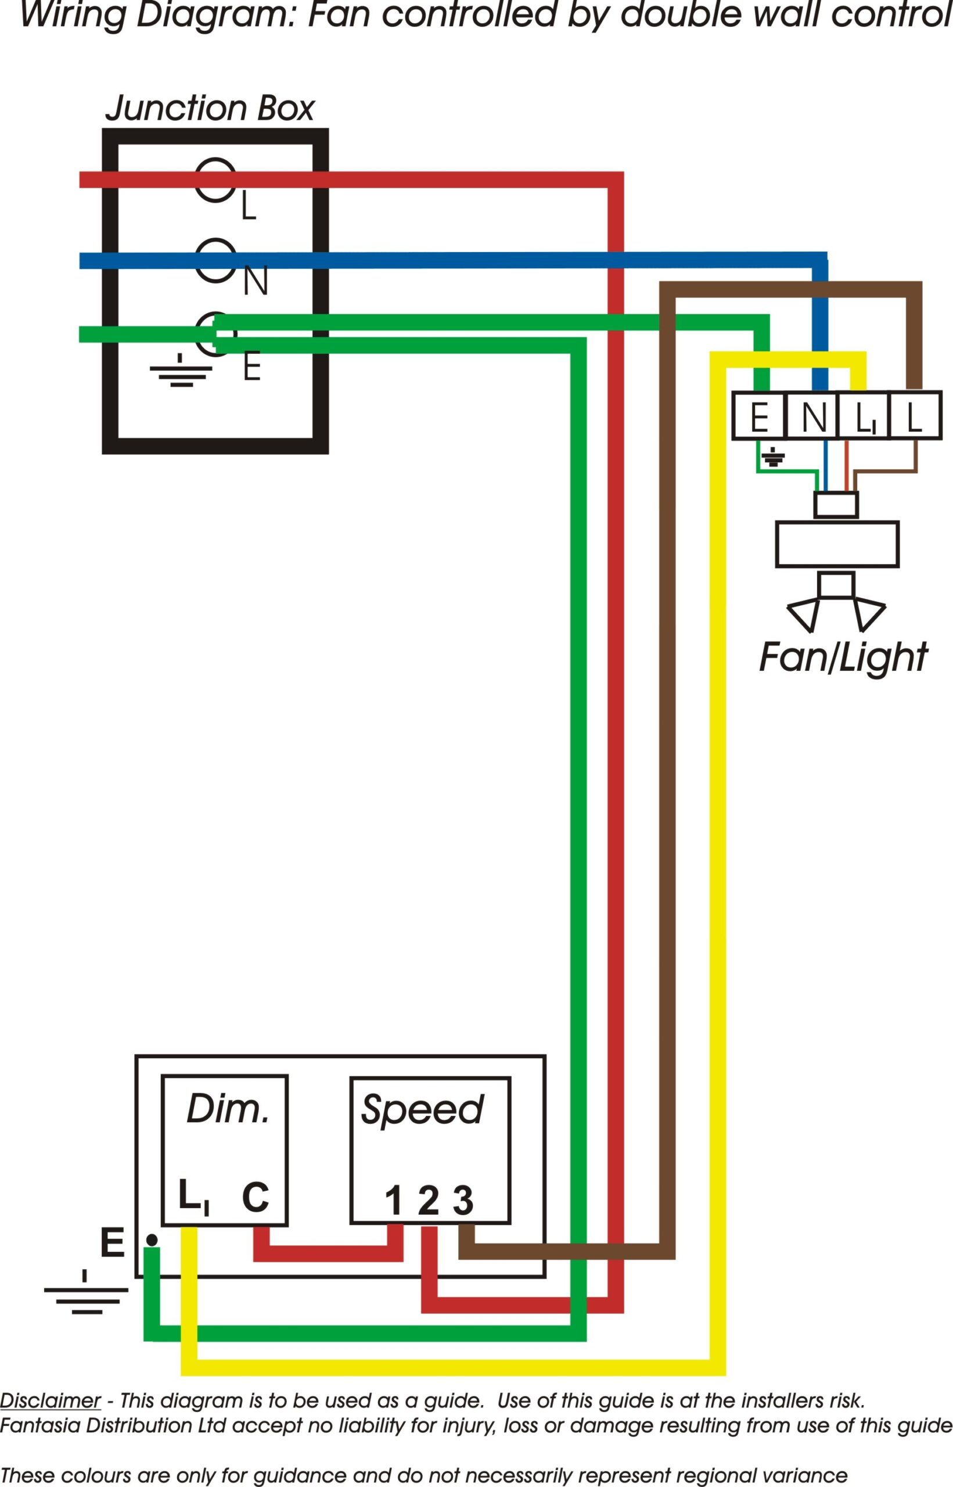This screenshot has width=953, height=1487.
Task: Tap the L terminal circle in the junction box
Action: click(216, 179)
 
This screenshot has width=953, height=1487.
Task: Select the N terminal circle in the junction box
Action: click(216, 260)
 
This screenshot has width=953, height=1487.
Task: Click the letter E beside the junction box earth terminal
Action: click(251, 367)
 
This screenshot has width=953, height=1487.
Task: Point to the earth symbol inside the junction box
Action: click(180, 371)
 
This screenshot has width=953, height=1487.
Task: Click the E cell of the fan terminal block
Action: click(758, 416)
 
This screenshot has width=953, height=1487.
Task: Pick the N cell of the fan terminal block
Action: click(812, 416)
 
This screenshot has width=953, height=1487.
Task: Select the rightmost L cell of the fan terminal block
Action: click(914, 416)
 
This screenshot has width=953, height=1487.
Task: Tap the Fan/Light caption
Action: click(842, 657)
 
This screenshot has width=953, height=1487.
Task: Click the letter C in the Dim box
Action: click(255, 1197)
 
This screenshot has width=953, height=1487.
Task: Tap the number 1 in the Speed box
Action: click(394, 1201)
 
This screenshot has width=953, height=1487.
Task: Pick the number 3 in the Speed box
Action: click(463, 1201)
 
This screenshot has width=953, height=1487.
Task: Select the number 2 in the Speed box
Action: click(428, 1201)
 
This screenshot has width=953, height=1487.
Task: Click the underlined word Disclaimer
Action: click(50, 1401)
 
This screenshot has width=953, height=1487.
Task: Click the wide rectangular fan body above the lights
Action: click(837, 544)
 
